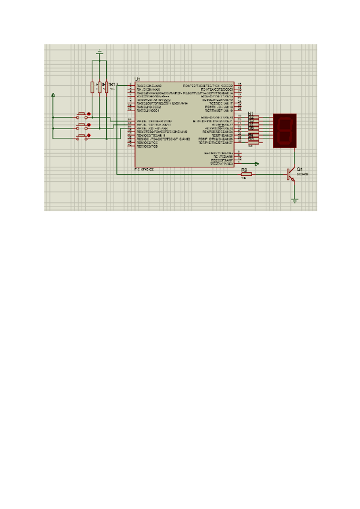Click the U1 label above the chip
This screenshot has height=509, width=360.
[x=137, y=79]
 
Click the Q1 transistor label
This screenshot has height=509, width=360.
[x=299, y=169]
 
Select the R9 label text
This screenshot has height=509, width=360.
[x=244, y=170]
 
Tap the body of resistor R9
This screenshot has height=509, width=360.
[x=245, y=175]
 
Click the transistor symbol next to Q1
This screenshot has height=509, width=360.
[x=291, y=174]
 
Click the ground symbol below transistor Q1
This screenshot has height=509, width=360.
[x=295, y=200]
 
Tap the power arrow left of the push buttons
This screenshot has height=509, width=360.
[x=53, y=95]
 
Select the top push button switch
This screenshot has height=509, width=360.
[x=83, y=114]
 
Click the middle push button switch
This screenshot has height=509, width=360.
[x=83, y=125]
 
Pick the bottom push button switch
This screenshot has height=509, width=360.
[x=83, y=136]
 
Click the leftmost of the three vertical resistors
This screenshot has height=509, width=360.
[x=92, y=87]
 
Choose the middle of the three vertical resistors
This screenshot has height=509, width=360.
[x=100, y=87]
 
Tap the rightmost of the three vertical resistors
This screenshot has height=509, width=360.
[x=106, y=87]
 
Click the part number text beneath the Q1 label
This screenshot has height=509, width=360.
[x=302, y=174]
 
